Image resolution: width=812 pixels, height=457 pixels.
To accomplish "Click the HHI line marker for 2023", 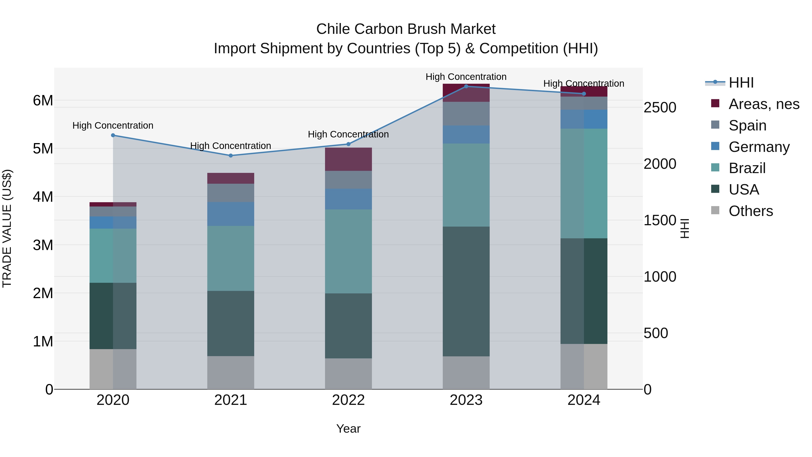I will point(466,86).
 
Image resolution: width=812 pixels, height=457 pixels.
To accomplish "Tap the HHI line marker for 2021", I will point(231,155).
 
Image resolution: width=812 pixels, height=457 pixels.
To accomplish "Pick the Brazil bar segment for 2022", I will point(348,251).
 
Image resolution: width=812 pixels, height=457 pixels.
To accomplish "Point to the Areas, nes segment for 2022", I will point(348,159).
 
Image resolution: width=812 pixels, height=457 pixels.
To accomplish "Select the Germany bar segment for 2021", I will point(231,214).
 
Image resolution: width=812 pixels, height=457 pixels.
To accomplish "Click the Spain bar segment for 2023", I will point(466,114).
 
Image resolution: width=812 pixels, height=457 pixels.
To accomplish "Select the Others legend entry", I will point(750,211).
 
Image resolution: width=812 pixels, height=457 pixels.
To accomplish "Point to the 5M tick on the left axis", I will point(43,148).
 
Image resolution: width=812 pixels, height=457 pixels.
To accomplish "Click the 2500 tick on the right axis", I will point(660,108).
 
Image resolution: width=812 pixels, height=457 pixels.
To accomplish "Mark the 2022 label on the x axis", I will point(348,400).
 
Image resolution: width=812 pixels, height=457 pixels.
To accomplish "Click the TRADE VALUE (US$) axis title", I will point(7,228).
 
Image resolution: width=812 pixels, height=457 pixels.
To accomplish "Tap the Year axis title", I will point(348,429).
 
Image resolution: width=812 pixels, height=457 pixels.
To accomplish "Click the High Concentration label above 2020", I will point(113,125).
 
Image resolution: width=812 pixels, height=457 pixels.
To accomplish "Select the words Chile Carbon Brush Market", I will point(406,29).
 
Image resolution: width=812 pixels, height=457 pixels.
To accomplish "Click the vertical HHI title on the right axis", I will point(685,228).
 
